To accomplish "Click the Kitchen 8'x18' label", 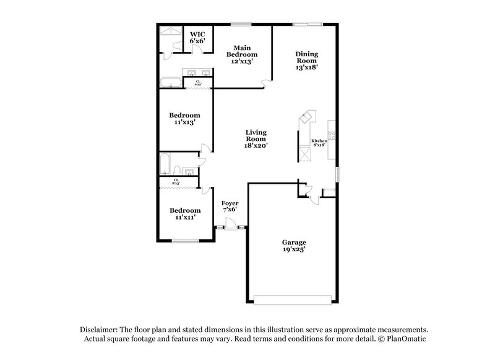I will click(319, 143).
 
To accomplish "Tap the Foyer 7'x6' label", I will click(230, 206).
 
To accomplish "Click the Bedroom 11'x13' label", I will click(185, 119).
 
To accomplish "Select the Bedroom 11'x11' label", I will click(185, 213).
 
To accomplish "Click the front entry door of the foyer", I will click(230, 228).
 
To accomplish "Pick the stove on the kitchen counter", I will click(331, 135).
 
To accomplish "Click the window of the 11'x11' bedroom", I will click(184, 241).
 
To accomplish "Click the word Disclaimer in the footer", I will click(98, 330).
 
